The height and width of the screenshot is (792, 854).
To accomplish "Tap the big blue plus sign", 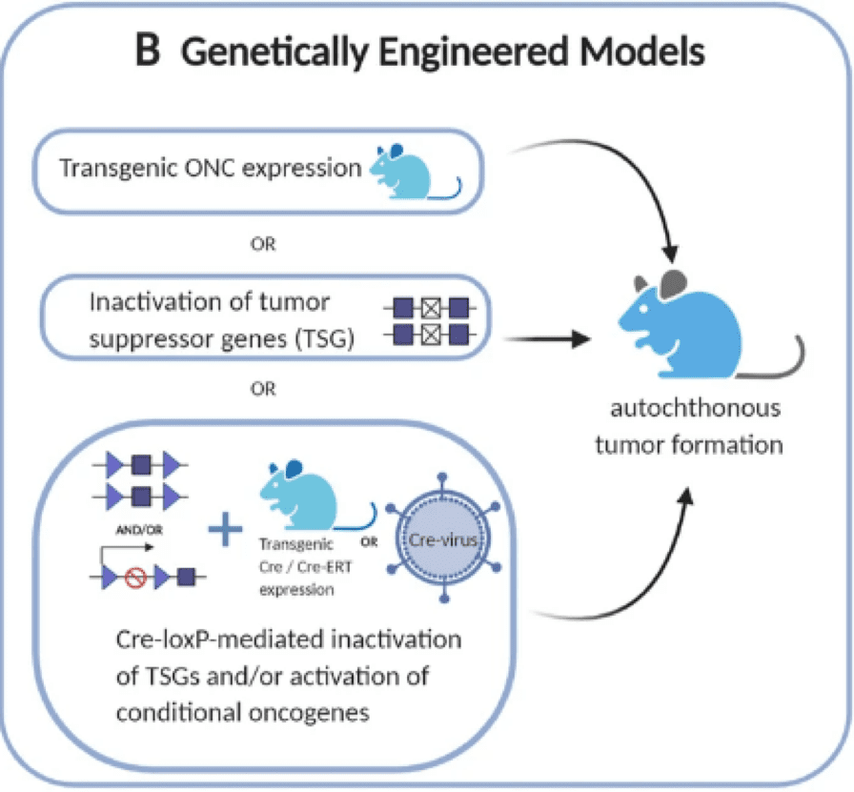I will click(225, 530).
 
